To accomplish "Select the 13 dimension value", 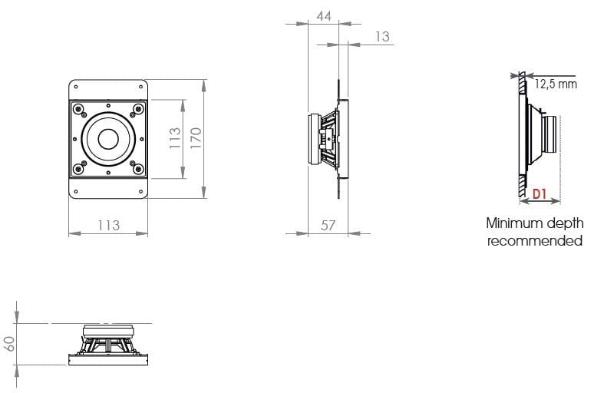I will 382,36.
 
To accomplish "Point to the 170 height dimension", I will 196,138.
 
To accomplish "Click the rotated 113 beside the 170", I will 175,138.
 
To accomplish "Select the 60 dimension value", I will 10,343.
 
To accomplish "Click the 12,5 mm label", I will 556,84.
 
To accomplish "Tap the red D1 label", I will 540,195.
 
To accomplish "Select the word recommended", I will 535,241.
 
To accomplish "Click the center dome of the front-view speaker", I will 107,138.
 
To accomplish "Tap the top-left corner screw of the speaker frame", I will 78,108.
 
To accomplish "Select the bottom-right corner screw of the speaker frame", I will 137,169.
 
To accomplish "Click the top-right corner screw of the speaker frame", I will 137,108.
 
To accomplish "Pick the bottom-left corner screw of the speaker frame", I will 78,169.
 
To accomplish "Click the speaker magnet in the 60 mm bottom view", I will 108,331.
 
